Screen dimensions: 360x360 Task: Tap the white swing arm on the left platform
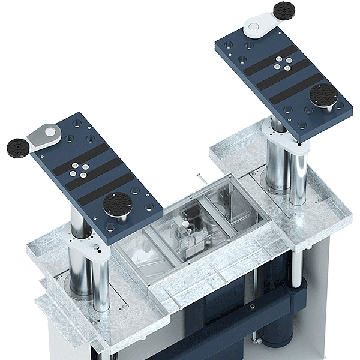tap(43, 134)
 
